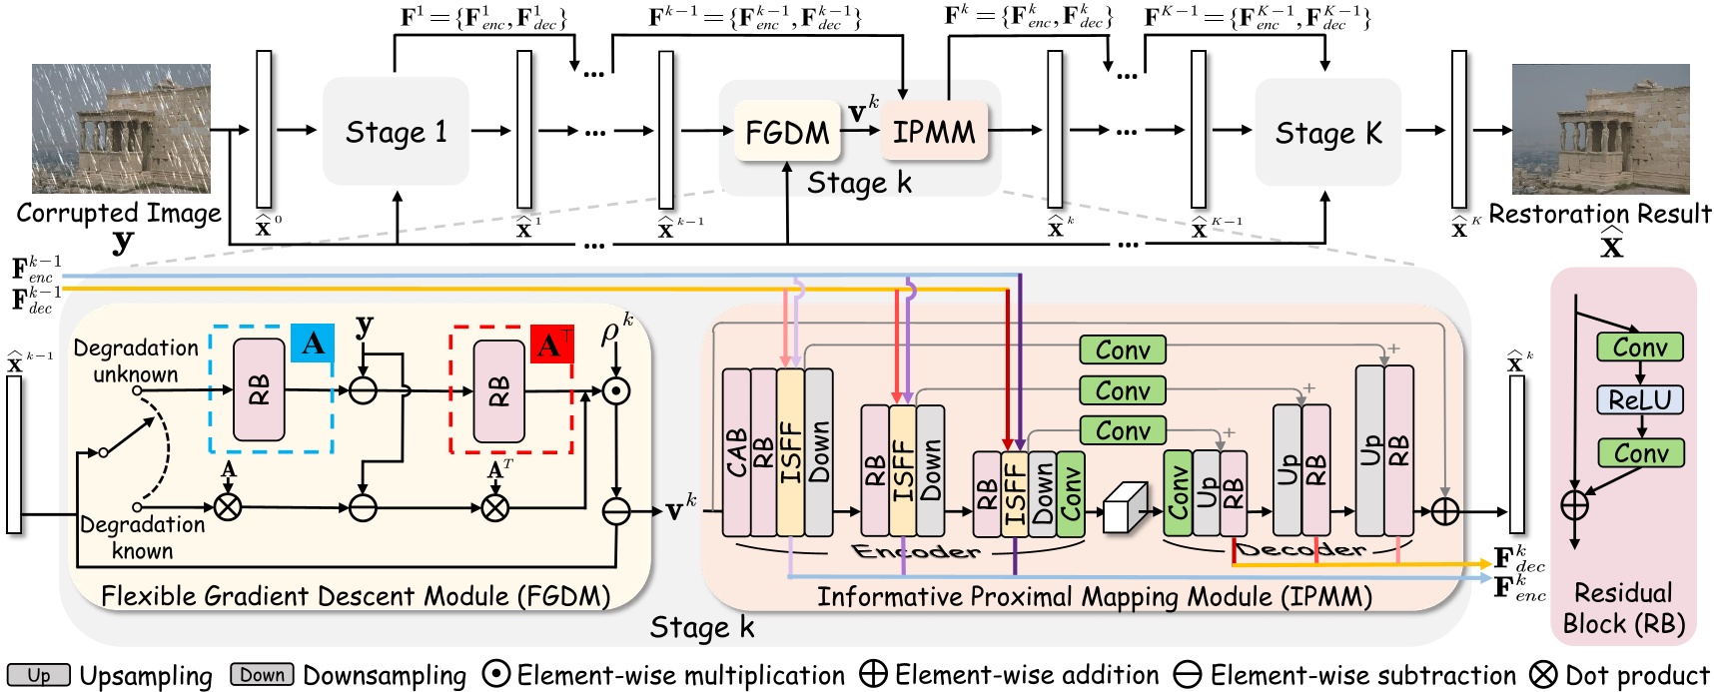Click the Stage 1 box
396,131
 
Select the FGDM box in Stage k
787,132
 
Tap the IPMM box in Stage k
934,131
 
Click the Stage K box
1327,132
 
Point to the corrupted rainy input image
121,129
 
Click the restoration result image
1600,129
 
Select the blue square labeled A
313,344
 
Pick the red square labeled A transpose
551,345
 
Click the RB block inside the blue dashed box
259,389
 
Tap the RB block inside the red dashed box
498,390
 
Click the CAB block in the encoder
736,452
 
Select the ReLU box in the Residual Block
1639,399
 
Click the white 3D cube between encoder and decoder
1125,508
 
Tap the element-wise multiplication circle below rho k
617,390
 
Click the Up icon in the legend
38,675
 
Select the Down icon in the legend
262,675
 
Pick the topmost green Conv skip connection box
1123,349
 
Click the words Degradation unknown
136,360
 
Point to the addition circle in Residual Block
1574,504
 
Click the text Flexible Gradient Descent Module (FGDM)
356,596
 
